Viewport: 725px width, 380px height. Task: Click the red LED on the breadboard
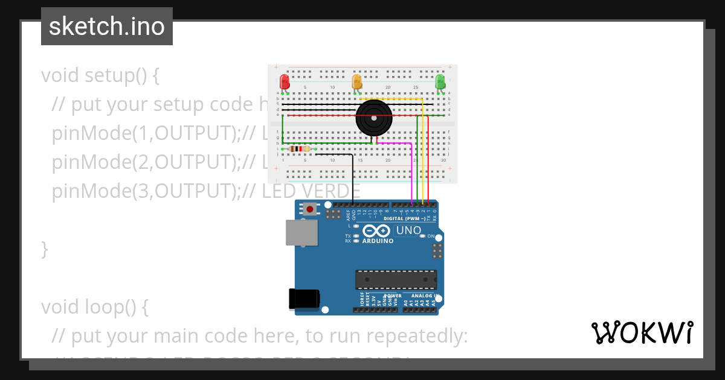285,81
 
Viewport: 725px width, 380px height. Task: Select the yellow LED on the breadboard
356,81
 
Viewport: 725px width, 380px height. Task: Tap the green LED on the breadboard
440,81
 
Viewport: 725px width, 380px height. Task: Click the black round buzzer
374,118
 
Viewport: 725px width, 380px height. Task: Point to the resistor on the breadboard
300,149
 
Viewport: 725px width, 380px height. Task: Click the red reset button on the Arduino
310,209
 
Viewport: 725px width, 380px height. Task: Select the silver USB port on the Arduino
300,232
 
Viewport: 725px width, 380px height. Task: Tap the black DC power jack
303,299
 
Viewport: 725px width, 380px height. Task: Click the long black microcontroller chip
396,280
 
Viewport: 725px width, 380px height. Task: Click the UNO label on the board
409,230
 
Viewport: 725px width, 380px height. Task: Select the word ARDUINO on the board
378,241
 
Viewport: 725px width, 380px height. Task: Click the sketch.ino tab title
107,27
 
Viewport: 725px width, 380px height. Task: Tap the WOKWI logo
642,332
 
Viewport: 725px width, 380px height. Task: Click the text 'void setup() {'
100,75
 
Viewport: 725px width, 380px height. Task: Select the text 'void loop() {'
95,307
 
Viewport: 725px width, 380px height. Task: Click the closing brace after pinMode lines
44,249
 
